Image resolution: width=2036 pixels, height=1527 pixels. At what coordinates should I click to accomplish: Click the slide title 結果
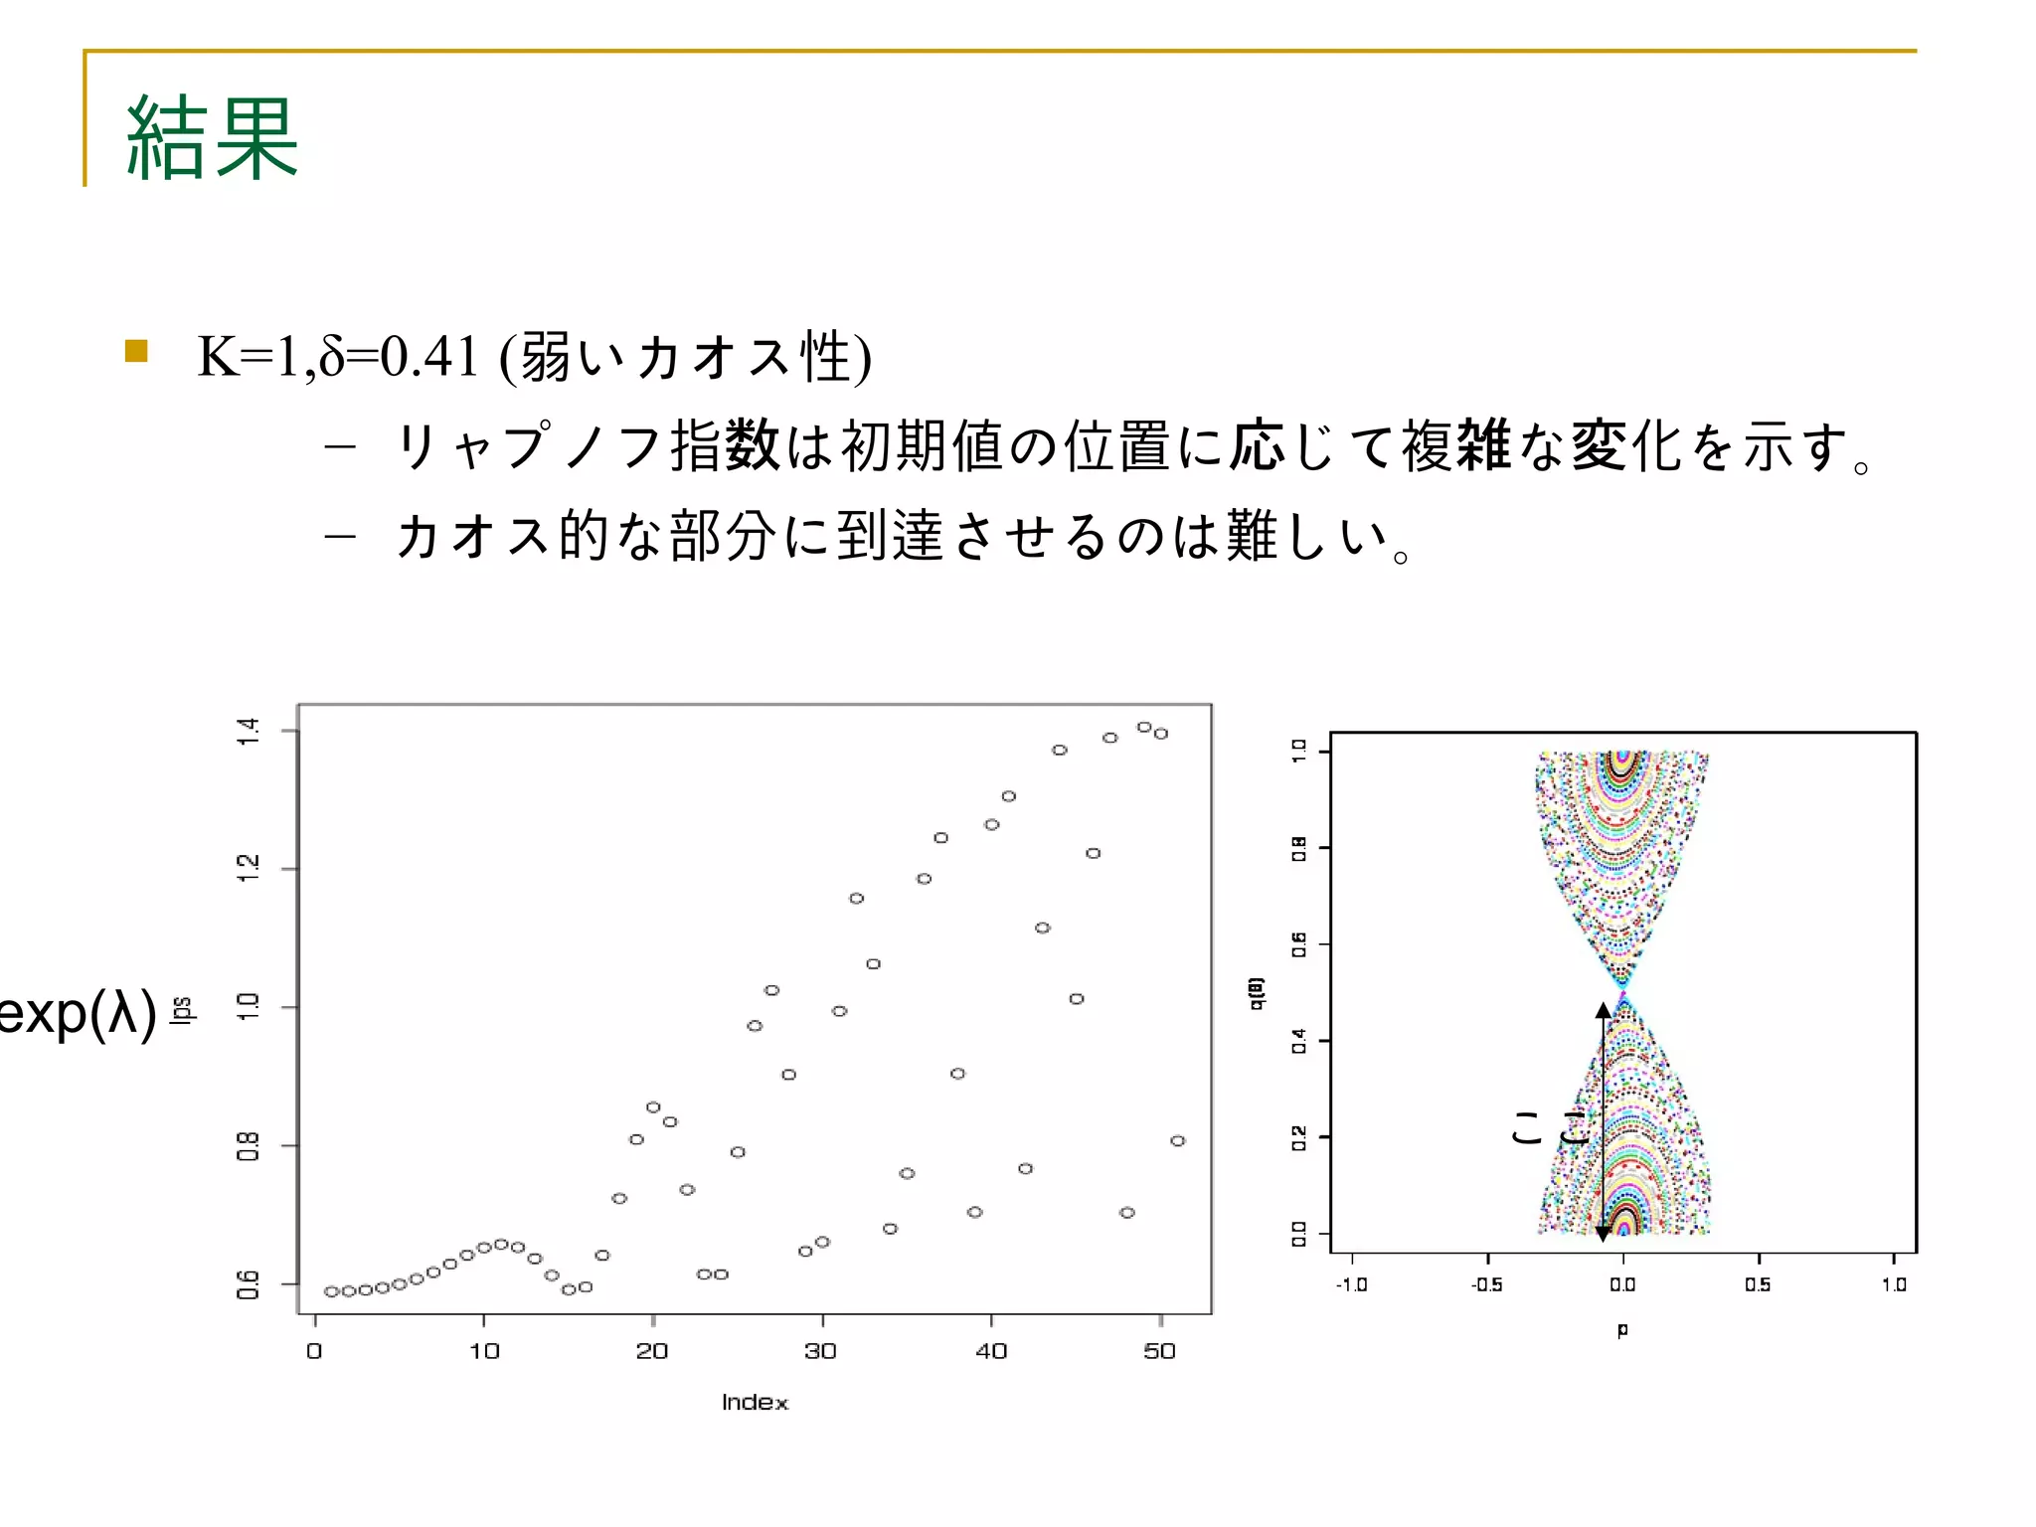[212, 138]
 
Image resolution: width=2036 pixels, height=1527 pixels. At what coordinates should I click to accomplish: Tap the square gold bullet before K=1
[136, 351]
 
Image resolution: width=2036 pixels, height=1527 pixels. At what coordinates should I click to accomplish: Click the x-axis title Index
[755, 1402]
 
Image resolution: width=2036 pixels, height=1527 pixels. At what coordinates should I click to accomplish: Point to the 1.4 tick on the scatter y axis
[248, 731]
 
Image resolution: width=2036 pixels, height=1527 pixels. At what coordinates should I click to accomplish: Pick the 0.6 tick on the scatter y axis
[248, 1284]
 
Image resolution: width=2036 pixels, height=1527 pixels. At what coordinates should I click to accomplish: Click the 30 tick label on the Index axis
[821, 1351]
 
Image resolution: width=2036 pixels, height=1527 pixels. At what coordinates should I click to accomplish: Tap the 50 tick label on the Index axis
[1159, 1351]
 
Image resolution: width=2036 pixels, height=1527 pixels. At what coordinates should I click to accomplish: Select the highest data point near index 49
[1144, 728]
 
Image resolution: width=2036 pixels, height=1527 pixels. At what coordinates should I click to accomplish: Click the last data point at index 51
[1178, 1140]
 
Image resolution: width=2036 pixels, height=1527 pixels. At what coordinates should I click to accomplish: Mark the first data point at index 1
[332, 1291]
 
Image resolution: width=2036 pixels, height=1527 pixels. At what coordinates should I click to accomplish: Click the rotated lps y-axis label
[181, 1008]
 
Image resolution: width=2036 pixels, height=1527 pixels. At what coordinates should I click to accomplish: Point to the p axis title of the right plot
[1622, 1328]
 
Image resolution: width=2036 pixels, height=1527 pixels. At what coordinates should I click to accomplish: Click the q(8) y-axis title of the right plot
[1257, 993]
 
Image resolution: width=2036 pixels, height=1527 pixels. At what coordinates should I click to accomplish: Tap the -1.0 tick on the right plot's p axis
[1351, 1284]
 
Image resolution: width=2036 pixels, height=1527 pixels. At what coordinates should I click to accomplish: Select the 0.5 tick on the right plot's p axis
[1758, 1284]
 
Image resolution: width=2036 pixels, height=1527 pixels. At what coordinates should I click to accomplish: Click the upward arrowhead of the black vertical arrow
[1603, 1010]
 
